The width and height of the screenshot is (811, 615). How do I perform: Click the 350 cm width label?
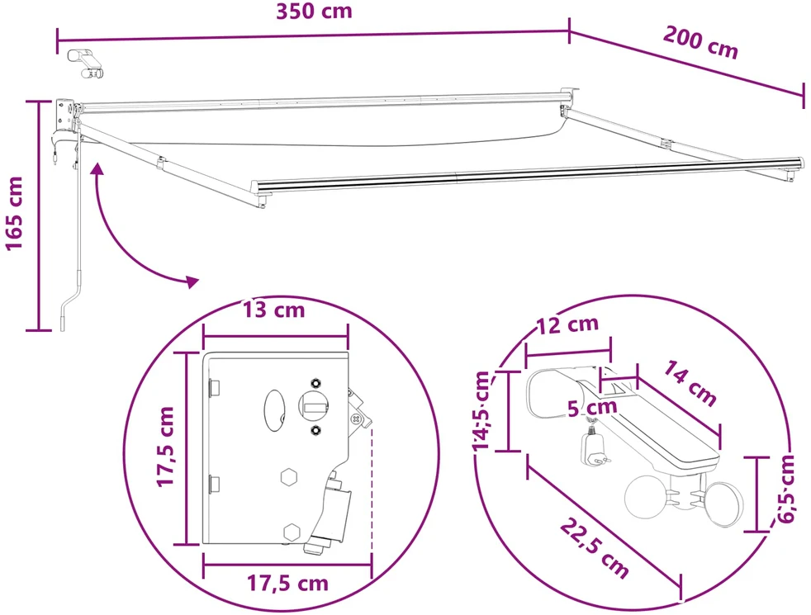tap(314, 12)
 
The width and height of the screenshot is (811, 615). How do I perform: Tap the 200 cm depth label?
tap(701, 42)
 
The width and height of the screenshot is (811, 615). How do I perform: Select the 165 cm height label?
tap(15, 214)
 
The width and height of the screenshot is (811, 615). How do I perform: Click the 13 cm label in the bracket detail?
tap(274, 310)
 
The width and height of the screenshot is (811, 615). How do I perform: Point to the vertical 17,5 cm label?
tap(167, 447)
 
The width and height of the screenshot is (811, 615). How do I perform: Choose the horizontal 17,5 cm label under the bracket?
tap(287, 584)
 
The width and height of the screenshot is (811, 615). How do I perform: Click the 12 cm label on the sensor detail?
tap(568, 325)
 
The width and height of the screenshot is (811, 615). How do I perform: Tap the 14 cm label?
tap(690, 383)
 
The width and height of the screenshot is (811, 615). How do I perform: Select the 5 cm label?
tap(592, 408)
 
